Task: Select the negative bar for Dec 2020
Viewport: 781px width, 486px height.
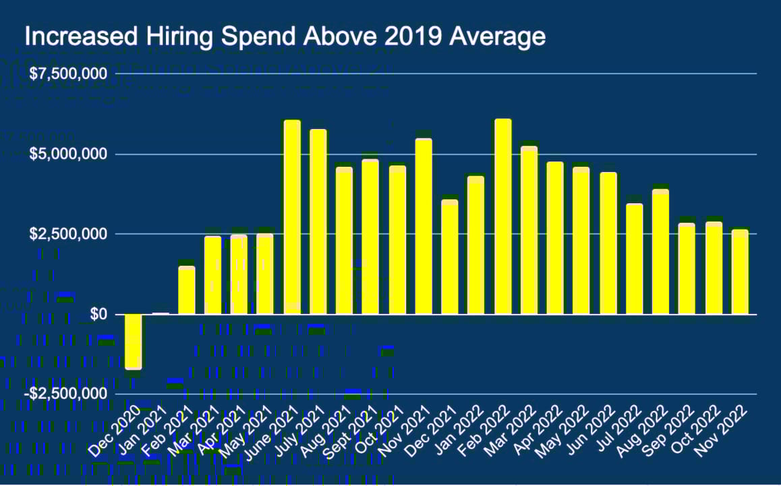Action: pyautogui.click(x=134, y=342)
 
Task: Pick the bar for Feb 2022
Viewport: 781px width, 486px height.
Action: pyautogui.click(x=503, y=217)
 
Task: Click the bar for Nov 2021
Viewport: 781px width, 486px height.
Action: pyautogui.click(x=424, y=227)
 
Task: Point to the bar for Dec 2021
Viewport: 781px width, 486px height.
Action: pyautogui.click(x=450, y=257)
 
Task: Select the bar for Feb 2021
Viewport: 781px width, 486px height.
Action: pyautogui.click(x=186, y=290)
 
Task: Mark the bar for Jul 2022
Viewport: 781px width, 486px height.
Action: pyautogui.click(x=635, y=259)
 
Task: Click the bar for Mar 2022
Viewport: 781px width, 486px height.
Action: pyautogui.click(x=529, y=230)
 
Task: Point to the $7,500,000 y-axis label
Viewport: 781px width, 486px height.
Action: pyautogui.click(x=69, y=74)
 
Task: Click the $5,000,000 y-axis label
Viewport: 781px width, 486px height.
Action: pyautogui.click(x=69, y=155)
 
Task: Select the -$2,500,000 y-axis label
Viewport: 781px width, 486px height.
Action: pyautogui.click(x=67, y=394)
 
